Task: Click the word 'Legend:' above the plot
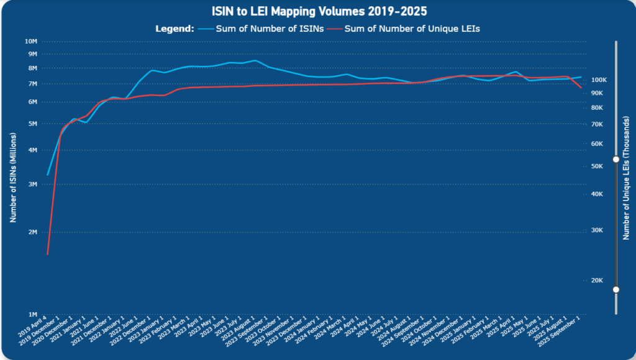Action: coord(175,28)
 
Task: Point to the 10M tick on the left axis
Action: coord(31,42)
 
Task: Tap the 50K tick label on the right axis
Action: coord(597,166)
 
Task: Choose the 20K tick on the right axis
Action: coord(597,280)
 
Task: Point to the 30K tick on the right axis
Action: coord(597,230)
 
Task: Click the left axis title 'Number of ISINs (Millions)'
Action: coord(13,178)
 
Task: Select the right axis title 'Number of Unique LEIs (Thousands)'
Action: coord(626,178)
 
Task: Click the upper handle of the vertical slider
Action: coord(616,160)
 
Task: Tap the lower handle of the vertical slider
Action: coord(616,289)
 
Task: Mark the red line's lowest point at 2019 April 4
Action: coord(48,254)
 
